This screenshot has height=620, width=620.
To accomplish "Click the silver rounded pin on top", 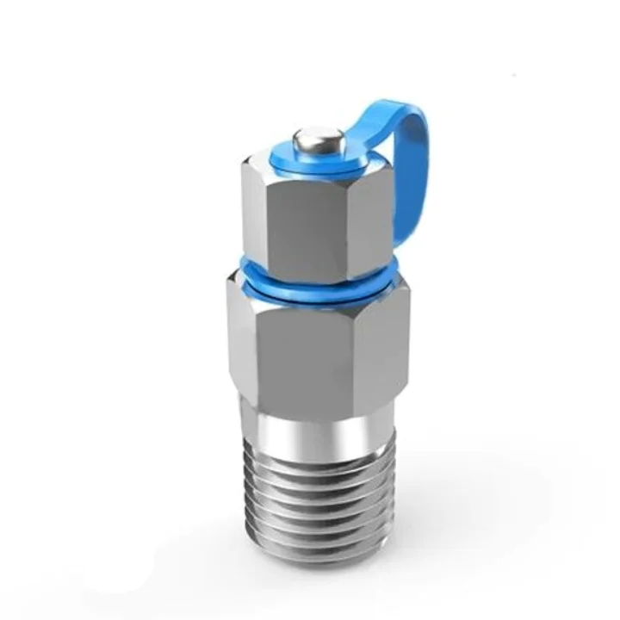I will tap(318, 139).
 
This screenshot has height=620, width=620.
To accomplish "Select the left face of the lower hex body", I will tap(245, 336).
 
